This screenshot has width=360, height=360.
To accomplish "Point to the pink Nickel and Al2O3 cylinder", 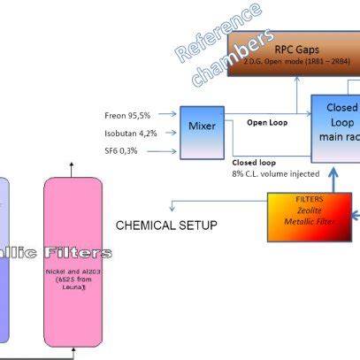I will coord(73,257).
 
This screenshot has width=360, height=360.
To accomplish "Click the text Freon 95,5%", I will coord(129,116).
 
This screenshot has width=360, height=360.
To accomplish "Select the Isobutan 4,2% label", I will coord(133,134).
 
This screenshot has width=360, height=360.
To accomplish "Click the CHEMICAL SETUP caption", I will coord(166,226).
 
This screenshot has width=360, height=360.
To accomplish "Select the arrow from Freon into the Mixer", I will coord(167,116).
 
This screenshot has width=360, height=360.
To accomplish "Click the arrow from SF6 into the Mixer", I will coord(167,151).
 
